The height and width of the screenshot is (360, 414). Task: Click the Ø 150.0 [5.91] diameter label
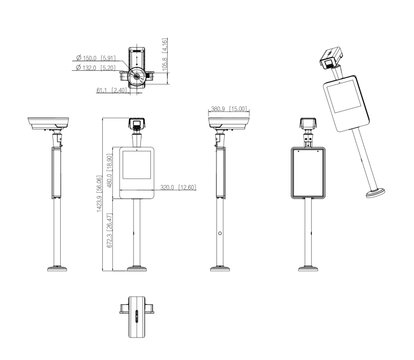pyautogui.click(x=97, y=59)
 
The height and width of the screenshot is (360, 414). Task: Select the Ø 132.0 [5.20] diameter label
pyautogui.click(x=97, y=67)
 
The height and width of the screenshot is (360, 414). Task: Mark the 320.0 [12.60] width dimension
pyautogui.click(x=178, y=187)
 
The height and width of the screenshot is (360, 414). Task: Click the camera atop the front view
pyautogui.click(x=137, y=124)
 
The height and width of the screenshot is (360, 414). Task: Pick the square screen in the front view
pyautogui.click(x=137, y=170)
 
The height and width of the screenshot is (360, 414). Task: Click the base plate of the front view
pyautogui.click(x=137, y=270)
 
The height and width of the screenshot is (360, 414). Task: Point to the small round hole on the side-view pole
pyautogui.click(x=220, y=233)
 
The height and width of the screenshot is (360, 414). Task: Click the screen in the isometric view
pyautogui.click(x=342, y=100)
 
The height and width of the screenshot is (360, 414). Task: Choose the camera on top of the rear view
pyautogui.click(x=308, y=124)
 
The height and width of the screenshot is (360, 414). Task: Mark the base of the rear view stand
pyautogui.click(x=308, y=270)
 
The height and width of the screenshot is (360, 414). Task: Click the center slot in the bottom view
pyautogui.click(x=136, y=317)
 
